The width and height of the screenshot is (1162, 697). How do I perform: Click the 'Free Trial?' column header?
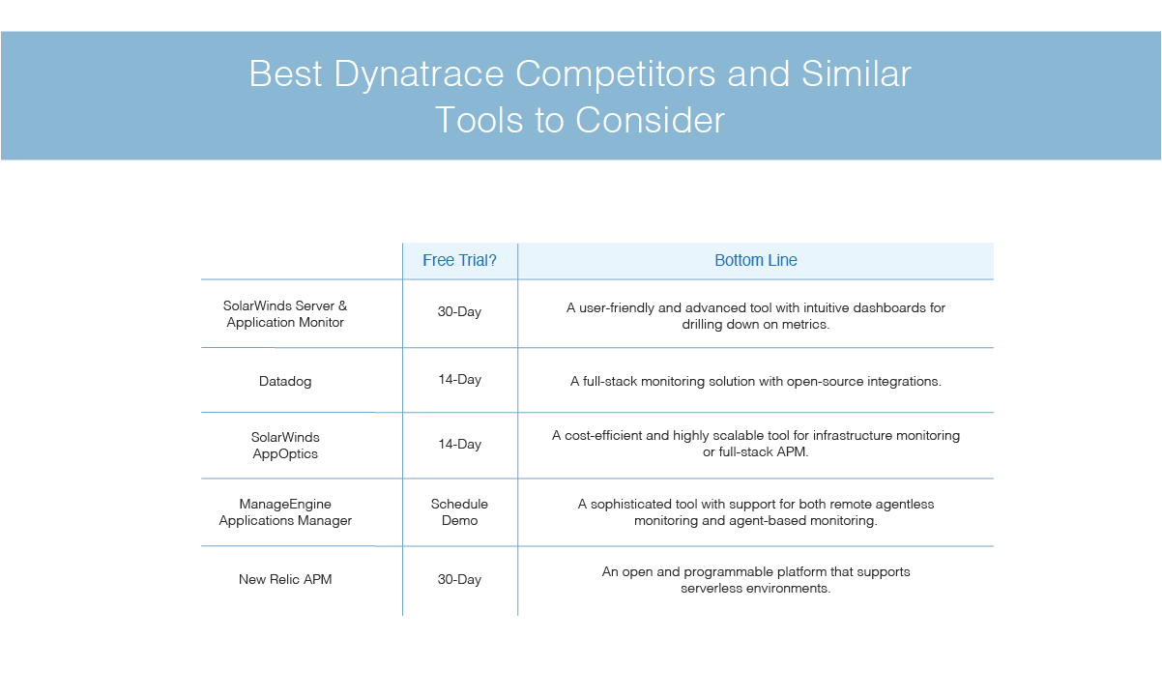(x=459, y=260)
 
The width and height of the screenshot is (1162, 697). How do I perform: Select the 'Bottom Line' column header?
(x=756, y=260)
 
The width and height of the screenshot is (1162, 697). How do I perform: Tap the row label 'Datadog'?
(x=285, y=381)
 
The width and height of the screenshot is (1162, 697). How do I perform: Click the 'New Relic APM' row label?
(x=285, y=579)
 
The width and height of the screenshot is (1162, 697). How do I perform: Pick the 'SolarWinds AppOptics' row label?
(x=285, y=445)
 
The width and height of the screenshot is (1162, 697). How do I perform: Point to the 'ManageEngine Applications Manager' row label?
(x=285, y=511)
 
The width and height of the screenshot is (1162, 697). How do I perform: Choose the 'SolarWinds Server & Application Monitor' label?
(x=285, y=314)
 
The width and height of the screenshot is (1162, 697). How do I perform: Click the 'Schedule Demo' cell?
(x=459, y=511)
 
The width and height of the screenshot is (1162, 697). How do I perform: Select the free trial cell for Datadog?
(x=459, y=380)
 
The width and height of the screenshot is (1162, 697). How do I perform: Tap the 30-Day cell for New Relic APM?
(x=459, y=579)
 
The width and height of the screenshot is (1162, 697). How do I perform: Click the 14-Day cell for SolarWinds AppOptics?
(x=459, y=444)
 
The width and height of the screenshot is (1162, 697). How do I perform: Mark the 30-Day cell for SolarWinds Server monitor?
(x=459, y=311)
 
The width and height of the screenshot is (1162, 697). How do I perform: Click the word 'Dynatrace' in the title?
(x=419, y=74)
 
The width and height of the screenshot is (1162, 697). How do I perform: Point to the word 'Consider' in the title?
(x=650, y=120)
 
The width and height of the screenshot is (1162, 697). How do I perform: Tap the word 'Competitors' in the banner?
(x=615, y=74)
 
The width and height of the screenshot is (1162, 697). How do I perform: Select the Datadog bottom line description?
(x=756, y=381)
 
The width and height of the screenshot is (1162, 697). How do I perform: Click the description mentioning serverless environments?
(x=756, y=580)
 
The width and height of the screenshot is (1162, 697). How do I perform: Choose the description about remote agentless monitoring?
(x=756, y=511)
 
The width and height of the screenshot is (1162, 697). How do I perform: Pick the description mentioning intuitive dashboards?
(x=756, y=316)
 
